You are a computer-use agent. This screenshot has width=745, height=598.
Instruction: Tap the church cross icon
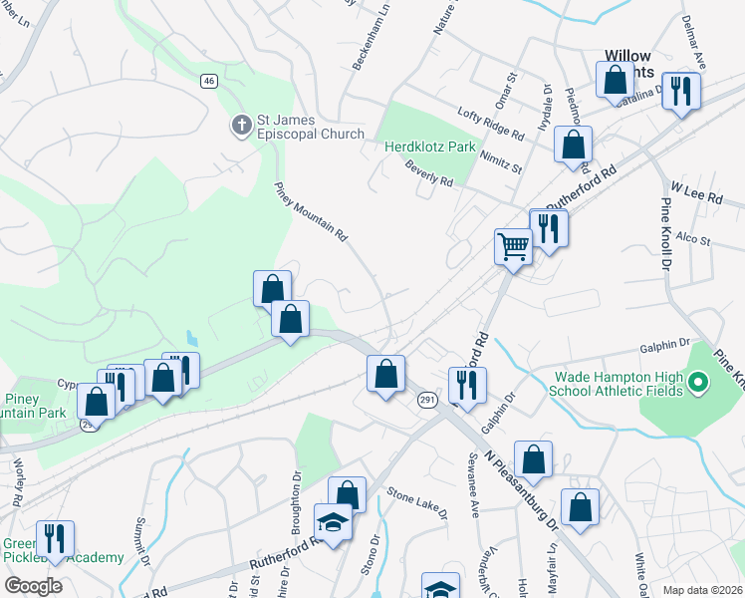(x=241, y=126)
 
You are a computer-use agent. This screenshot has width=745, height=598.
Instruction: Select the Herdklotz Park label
(x=431, y=147)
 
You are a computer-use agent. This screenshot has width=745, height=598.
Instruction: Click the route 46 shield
(x=208, y=81)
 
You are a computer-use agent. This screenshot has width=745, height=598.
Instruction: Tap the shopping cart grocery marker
(x=513, y=244)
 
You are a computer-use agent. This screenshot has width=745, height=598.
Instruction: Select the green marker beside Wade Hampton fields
(x=698, y=382)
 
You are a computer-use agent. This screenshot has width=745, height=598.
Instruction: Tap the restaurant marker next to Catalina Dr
(x=681, y=90)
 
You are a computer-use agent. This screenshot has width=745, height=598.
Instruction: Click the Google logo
(x=33, y=585)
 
